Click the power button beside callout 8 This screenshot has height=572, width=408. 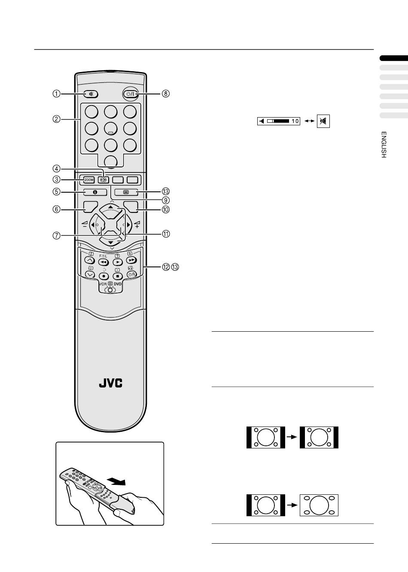coord(130,94)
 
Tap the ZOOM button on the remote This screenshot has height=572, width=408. coord(89,180)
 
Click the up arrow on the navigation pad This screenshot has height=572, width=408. coord(111,207)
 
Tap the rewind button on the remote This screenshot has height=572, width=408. coord(103,261)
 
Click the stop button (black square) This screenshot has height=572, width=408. coord(117,276)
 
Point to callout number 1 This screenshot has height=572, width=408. coord(56,94)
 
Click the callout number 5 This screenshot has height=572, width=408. coord(56,192)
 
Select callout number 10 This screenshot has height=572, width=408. coord(166,209)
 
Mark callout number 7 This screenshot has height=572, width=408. coord(56,235)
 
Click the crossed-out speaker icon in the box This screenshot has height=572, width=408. coord(323,121)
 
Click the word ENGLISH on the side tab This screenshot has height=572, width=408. coord(384,145)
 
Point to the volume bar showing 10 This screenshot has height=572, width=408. coord(278,121)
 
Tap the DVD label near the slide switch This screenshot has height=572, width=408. coord(118,284)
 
